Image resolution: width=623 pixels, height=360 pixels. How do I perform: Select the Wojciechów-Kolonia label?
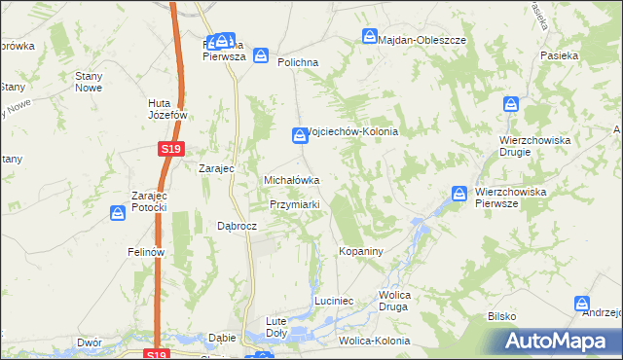[x=352, y=132]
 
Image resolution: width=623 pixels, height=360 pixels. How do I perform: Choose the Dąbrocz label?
[x=236, y=226]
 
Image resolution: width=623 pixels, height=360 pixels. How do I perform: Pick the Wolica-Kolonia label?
[x=374, y=342]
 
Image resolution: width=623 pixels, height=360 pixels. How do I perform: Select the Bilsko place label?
[x=502, y=317]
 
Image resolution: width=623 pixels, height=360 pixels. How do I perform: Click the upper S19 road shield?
[x=170, y=148]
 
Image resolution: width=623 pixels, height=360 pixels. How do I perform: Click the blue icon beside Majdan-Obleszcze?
[x=370, y=37]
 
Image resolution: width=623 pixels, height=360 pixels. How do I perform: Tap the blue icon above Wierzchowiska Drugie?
[x=511, y=104]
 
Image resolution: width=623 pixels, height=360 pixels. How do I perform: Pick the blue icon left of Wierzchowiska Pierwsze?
[x=458, y=193]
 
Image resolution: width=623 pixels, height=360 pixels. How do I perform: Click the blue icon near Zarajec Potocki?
[x=118, y=211]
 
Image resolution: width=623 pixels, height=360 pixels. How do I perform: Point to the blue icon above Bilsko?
[x=582, y=304]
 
